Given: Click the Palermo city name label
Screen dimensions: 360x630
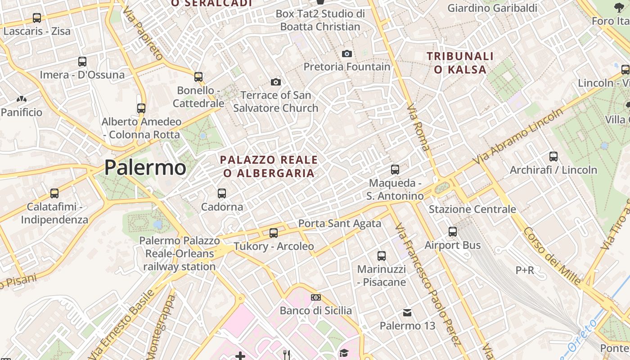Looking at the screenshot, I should point(145,168).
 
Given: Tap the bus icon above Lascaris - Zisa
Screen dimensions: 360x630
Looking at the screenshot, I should point(37,18).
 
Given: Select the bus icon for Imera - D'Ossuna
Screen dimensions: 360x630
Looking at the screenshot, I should point(82,61).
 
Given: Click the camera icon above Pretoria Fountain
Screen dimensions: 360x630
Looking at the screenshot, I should point(346,54).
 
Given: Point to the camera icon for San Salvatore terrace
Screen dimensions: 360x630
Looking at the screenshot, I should point(275,82).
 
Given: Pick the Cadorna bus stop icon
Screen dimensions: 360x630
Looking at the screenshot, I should point(222,193).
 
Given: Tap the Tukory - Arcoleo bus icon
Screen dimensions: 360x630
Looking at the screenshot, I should point(274,233).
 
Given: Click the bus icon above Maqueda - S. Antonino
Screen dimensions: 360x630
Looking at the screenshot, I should point(395,170).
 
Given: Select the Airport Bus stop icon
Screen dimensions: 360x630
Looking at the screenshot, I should point(453,232).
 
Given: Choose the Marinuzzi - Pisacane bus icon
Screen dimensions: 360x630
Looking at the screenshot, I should point(382,256).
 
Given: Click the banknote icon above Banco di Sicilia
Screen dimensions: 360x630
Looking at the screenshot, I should point(316,297).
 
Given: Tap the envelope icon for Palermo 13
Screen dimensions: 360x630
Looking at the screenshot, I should point(407,312).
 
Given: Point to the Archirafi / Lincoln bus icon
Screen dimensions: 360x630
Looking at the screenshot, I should point(553,157).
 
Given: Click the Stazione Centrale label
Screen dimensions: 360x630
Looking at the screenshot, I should point(472,209).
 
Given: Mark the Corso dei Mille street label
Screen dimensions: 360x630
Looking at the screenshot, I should point(552,256).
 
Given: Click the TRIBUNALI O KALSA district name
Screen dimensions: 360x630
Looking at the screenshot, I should point(460,63).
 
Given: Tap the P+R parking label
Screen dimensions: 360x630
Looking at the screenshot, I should point(525,270).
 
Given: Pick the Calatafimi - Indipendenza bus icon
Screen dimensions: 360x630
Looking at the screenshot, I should point(54,193).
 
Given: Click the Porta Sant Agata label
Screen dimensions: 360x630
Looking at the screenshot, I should point(340,223).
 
